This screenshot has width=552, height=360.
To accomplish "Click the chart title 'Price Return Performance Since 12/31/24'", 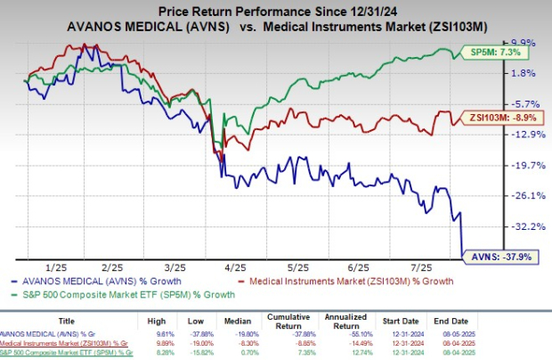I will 275,10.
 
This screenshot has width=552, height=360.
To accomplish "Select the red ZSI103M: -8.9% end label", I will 490,116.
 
